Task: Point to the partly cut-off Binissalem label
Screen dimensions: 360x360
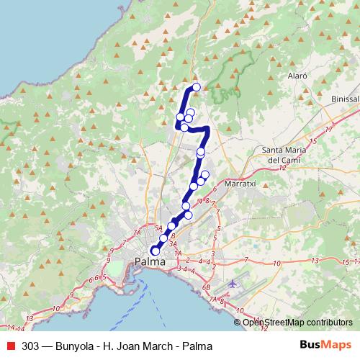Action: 345,99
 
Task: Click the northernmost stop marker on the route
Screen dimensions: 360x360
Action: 196,88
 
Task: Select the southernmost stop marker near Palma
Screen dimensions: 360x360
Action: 155,251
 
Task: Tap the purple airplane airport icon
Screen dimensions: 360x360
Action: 233,283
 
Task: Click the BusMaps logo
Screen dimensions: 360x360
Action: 325,344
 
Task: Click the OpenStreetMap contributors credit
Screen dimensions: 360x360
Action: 297,322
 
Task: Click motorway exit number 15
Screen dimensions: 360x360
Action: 311,139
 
